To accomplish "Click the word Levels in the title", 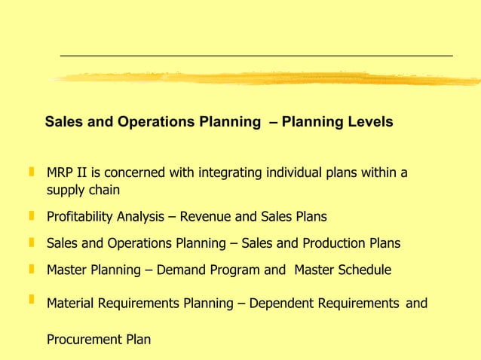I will [370, 121].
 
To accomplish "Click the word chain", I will [103, 191].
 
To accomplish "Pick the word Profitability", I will [81, 217].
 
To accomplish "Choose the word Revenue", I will [209, 217].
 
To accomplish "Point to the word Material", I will [69, 304].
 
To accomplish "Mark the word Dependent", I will [278, 304].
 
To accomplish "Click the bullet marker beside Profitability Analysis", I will [32, 216].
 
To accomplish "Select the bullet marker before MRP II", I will [32, 172].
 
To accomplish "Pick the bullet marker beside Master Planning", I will [32, 269].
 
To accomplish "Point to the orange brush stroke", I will [264, 78].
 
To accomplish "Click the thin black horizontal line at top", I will [256, 56].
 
